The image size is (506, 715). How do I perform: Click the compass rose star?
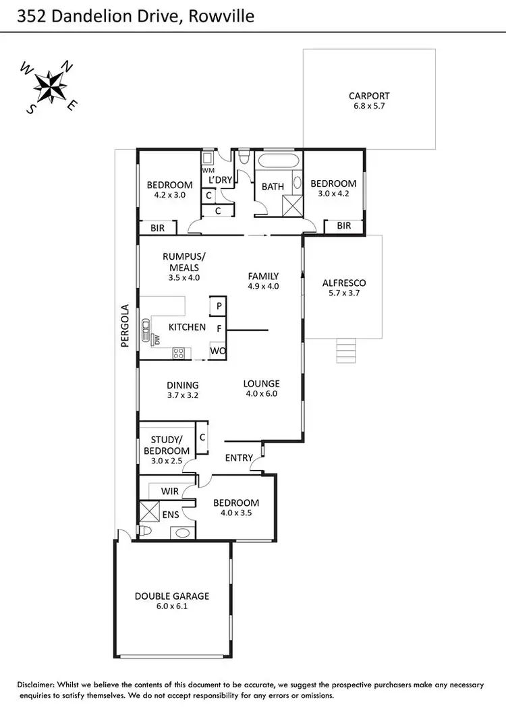(51, 86)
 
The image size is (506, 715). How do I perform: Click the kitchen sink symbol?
(146, 329)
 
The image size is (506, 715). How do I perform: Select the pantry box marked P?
(218, 306)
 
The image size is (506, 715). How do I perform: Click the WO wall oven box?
(217, 351)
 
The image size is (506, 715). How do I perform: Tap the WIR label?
(170, 492)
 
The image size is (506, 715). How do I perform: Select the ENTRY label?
(239, 458)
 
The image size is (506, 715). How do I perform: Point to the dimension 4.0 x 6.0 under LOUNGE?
(261, 394)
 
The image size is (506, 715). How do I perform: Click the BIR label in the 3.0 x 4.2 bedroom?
(343, 226)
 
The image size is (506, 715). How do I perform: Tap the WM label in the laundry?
(208, 171)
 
